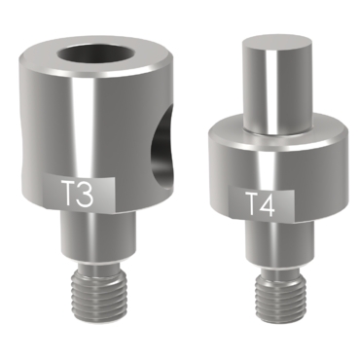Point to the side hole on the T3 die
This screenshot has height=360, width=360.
coord(162,148)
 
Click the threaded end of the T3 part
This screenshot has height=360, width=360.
coord(97,290)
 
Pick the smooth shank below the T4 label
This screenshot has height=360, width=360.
coord(279,241)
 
